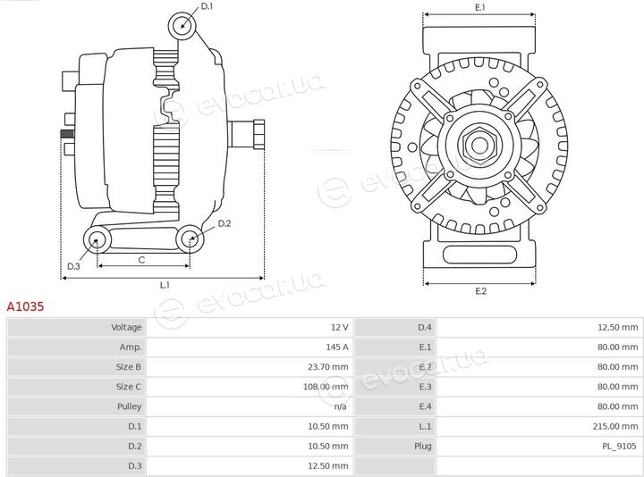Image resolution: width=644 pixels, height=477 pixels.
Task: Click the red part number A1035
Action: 25,306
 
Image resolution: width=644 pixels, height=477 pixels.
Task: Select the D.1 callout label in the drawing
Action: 207,6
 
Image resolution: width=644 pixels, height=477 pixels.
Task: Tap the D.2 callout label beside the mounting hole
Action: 225,223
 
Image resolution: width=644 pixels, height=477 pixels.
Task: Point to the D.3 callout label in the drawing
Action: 73,266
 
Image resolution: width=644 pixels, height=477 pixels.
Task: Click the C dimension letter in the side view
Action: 141,260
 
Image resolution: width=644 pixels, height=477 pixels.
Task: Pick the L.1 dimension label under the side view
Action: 165,285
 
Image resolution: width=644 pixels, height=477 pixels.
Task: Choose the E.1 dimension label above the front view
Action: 480,7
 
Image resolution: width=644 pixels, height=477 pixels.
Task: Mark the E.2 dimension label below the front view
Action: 481,291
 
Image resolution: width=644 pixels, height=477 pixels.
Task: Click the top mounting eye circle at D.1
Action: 182,26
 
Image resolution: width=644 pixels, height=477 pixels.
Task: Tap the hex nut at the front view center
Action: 479,145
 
